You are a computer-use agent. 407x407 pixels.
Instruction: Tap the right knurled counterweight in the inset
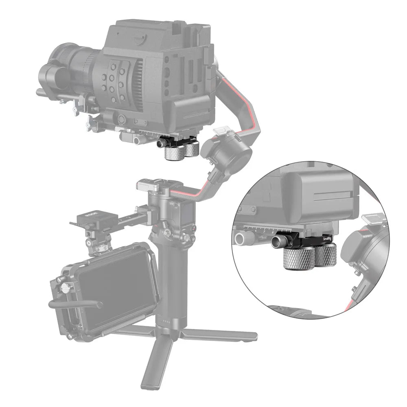tap(325, 257)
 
